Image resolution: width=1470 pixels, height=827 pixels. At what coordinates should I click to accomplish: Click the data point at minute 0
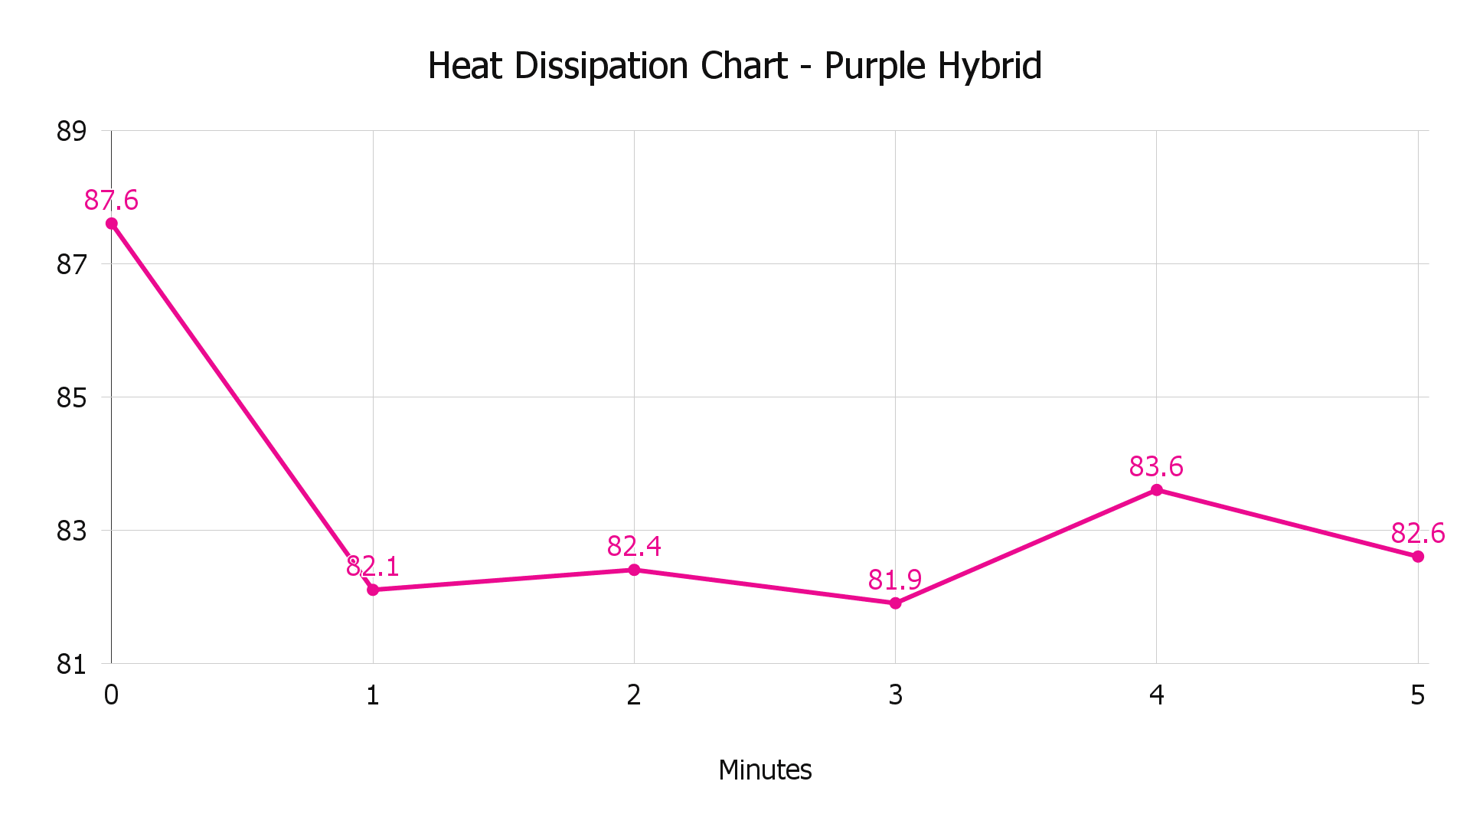112,224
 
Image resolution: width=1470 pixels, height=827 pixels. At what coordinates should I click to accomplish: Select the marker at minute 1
373,590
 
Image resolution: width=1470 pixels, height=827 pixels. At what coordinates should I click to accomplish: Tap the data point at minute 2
634,570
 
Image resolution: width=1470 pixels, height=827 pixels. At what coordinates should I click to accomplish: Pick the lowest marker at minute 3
895,603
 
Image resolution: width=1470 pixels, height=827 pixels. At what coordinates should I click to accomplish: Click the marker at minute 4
1156,490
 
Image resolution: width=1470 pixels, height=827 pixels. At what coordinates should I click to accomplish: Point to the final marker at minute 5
1418,557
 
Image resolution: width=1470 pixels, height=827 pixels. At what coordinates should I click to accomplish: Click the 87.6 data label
112,201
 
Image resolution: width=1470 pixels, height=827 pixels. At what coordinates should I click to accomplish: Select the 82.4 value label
634,547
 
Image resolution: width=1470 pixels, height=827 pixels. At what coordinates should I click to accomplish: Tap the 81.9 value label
895,580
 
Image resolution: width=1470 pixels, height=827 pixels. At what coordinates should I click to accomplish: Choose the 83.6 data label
1156,466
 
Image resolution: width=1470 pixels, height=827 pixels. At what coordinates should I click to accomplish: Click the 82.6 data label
1418,533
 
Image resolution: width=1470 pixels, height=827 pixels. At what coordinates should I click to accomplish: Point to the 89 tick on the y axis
71,132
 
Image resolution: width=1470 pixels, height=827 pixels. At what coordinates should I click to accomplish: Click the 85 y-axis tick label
71,398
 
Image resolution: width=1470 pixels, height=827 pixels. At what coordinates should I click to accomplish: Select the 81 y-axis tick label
71,665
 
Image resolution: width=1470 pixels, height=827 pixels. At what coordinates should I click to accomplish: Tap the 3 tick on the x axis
895,695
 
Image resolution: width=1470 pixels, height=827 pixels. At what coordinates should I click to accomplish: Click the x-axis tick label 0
112,695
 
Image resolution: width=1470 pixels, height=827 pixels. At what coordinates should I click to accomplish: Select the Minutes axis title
765,770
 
